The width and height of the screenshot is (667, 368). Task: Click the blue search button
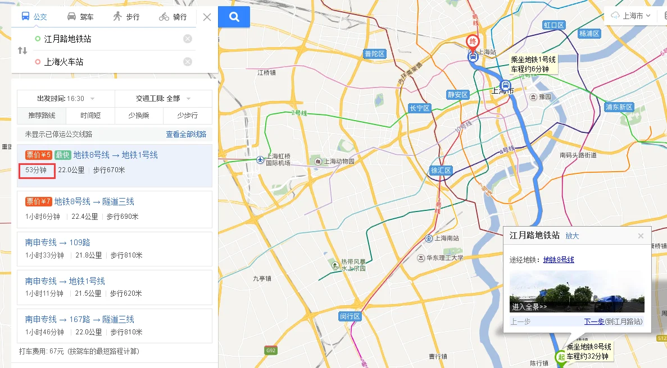(234, 17)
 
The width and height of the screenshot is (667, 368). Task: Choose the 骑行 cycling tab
(173, 17)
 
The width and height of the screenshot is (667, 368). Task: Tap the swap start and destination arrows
(22, 50)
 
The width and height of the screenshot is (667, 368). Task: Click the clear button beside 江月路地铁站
(188, 39)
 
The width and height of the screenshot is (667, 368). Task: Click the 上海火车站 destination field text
(63, 62)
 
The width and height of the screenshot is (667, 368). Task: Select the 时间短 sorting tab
(90, 116)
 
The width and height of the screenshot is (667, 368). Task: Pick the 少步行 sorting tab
(187, 116)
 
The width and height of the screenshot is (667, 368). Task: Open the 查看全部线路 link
(186, 135)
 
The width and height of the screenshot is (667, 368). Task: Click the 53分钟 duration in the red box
(36, 170)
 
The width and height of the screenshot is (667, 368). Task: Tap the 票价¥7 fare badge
(38, 201)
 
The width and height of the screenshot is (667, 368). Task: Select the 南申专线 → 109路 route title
(57, 242)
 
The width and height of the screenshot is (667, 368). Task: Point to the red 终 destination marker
(473, 42)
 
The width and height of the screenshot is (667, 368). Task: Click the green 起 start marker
(560, 357)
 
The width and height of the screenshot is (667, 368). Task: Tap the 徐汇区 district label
(441, 170)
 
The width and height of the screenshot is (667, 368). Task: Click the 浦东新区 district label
(619, 107)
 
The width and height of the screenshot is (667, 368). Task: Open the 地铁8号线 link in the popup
(559, 260)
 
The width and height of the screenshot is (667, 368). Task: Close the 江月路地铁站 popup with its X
(641, 236)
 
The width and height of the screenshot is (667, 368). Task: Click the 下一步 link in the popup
(594, 321)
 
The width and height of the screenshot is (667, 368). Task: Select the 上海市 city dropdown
(632, 16)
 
